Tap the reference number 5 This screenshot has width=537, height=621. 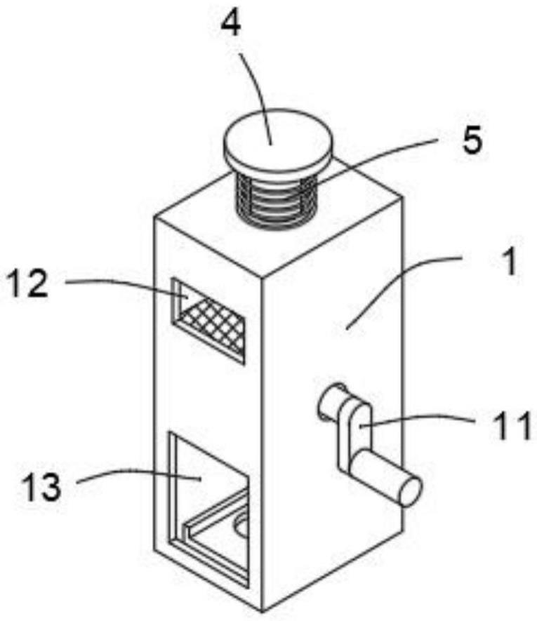pos(472,142)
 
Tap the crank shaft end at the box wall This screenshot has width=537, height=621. pos(331,403)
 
